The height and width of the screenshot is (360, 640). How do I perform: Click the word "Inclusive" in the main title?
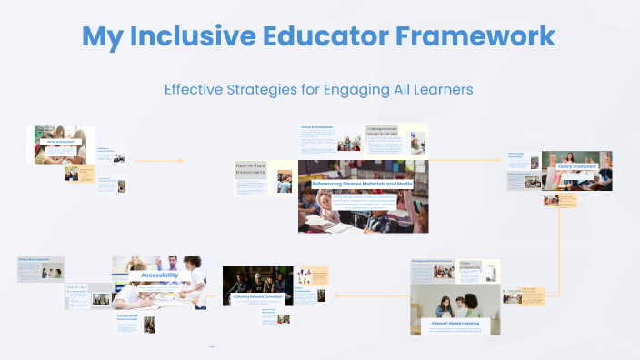point(216,36)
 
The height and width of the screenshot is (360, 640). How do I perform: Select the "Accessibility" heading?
point(159,274)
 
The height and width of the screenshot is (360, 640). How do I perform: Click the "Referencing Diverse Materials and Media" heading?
point(363,184)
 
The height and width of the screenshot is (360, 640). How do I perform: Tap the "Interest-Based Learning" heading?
point(455,322)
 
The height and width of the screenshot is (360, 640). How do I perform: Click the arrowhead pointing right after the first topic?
point(181,161)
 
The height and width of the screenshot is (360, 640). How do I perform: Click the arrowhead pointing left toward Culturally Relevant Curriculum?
point(337,295)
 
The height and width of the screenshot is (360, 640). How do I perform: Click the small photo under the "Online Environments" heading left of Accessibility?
point(50,272)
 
